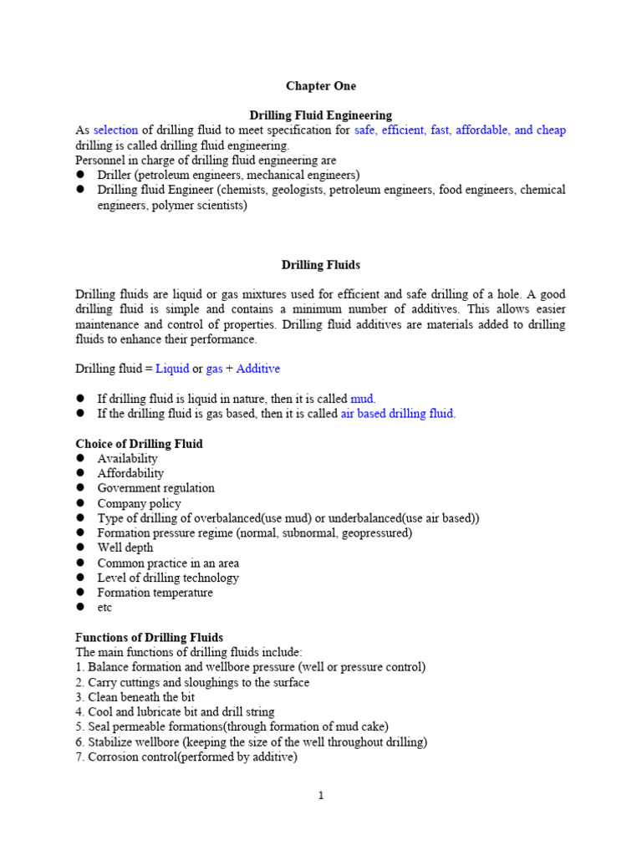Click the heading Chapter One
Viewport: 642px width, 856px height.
pyautogui.click(x=321, y=86)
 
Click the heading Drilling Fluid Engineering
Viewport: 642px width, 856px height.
pyautogui.click(x=321, y=115)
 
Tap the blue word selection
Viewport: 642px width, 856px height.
pyautogui.click(x=115, y=130)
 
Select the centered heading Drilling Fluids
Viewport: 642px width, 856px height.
pyautogui.click(x=321, y=265)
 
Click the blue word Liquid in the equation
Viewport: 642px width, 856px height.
pyautogui.click(x=172, y=369)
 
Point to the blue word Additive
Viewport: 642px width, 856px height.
pyautogui.click(x=259, y=369)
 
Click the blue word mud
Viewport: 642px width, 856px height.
pyautogui.click(x=363, y=399)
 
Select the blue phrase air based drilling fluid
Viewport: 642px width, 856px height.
pyautogui.click(x=398, y=414)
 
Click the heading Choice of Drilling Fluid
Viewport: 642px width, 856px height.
pyautogui.click(x=139, y=444)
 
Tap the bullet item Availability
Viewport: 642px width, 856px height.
pyautogui.click(x=127, y=459)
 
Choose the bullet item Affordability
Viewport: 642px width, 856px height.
pyautogui.click(x=130, y=473)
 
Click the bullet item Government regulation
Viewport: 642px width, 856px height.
pyautogui.click(x=155, y=488)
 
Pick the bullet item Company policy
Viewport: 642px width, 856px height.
pyautogui.click(x=139, y=503)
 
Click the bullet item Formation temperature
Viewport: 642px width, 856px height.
pyautogui.click(x=155, y=593)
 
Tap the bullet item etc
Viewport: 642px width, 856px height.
pyautogui.click(x=104, y=608)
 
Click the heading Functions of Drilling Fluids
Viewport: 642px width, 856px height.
pyautogui.click(x=150, y=638)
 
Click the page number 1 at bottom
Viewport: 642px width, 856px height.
pyautogui.click(x=321, y=796)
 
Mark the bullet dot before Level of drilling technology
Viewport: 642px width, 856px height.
pyautogui.click(x=81, y=578)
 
